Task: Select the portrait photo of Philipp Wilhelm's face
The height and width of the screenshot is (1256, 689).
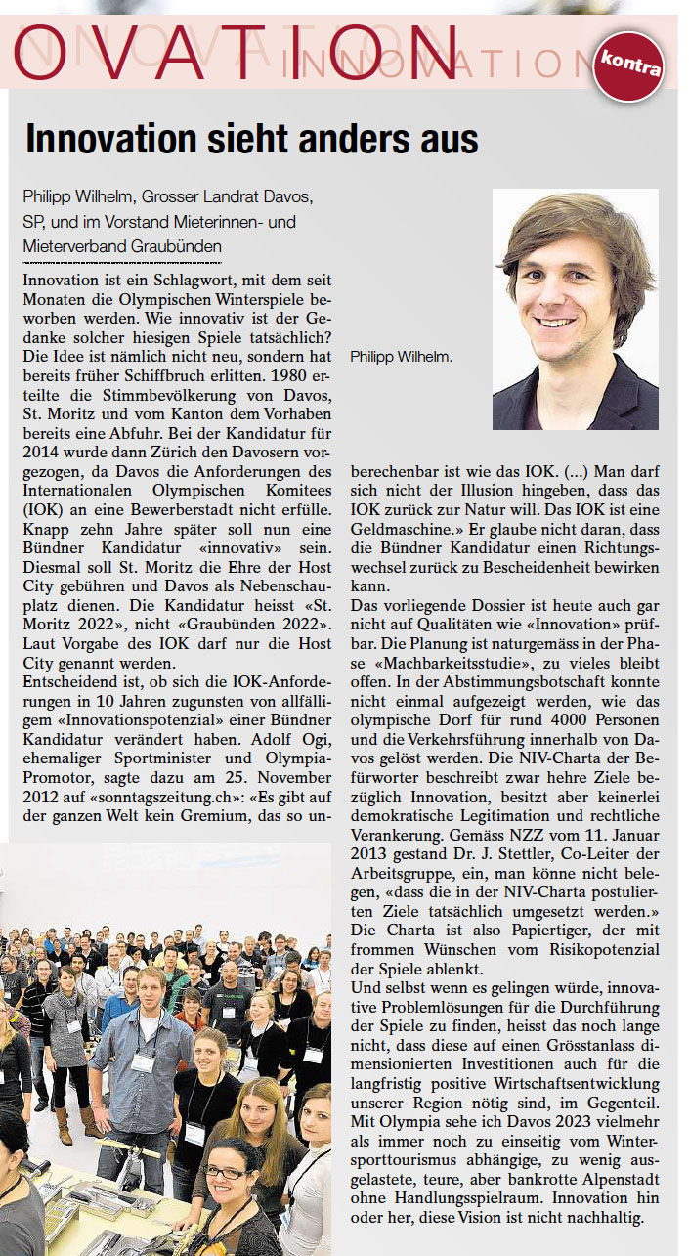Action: click(575, 309)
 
